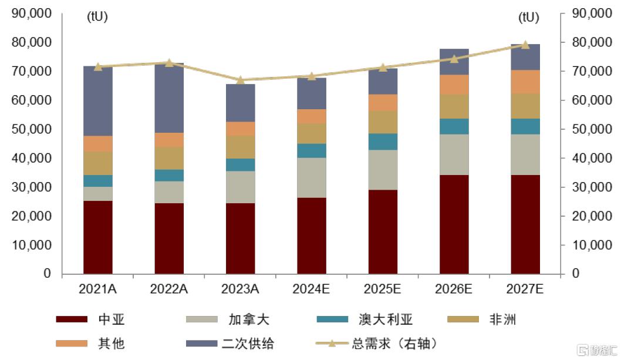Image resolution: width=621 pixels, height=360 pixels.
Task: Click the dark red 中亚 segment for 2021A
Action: point(98,237)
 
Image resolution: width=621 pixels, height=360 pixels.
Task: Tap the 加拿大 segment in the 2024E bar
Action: point(312,177)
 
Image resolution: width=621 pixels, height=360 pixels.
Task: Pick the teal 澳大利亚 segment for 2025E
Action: point(383,142)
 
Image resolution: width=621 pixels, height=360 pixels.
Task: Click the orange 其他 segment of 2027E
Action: point(525,82)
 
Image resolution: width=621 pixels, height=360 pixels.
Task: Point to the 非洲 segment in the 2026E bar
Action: point(454,106)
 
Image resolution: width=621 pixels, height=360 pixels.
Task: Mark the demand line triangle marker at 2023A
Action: point(241,80)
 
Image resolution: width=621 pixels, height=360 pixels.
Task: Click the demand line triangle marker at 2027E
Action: point(525,45)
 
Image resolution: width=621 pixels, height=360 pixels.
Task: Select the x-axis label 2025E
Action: point(383,289)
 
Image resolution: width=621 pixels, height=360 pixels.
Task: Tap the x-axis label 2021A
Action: point(98,289)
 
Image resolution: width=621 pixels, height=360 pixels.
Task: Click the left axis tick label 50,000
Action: point(32,129)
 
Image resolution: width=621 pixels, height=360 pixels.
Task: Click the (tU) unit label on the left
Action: point(97,17)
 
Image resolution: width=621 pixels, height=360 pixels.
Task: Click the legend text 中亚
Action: point(112,320)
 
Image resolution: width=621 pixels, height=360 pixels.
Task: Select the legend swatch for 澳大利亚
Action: point(333,320)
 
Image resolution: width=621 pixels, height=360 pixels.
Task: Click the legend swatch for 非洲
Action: point(464,320)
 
